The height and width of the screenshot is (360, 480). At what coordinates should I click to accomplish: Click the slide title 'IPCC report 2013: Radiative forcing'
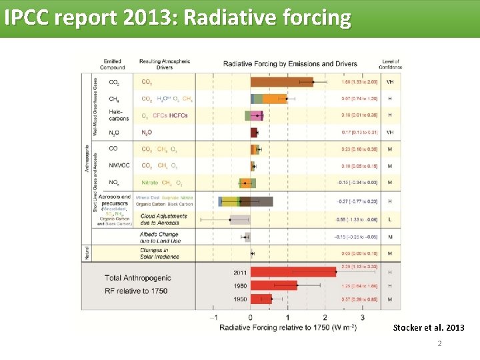[177, 18]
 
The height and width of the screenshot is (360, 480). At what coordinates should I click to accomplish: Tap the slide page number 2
[439, 344]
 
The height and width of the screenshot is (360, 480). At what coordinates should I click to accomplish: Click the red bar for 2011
[293, 272]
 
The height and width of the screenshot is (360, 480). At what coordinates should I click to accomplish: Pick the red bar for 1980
[273, 285]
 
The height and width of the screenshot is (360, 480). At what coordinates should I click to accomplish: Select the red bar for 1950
[261, 299]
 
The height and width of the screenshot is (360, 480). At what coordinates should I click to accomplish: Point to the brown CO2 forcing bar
[281, 82]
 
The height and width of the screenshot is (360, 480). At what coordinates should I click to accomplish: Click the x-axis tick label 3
[363, 318]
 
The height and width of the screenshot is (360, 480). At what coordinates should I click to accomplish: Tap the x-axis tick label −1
[214, 318]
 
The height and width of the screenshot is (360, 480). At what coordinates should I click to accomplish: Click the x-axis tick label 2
[325, 318]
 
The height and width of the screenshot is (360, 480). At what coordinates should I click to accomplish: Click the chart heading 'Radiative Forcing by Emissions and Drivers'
[290, 64]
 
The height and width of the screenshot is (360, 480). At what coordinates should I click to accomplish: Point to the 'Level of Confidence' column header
[390, 64]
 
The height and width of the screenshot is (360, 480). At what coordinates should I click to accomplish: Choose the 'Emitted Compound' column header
[113, 64]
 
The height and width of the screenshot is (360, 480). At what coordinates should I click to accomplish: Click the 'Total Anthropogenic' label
[138, 278]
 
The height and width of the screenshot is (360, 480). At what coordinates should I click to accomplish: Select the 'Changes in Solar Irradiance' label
[159, 253]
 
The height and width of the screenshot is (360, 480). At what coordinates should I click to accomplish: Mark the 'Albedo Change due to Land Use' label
[160, 237]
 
